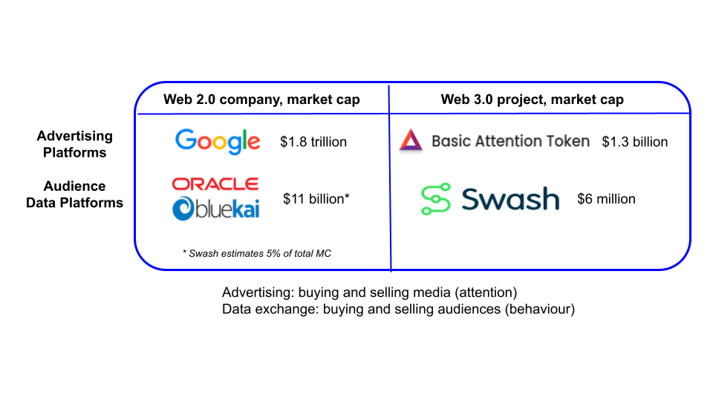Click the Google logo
coord(218,141)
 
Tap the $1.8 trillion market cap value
coord(313,142)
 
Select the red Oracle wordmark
coord(215,183)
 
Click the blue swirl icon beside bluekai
coord(183,209)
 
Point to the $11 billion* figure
coord(316,199)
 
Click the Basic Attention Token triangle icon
coord(411,140)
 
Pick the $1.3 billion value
coord(635,142)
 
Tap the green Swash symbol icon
coord(436,199)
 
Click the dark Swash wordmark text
coord(510,199)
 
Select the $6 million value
coord(606,199)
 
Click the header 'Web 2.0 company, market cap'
coord(261,100)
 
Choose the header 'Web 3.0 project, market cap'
coord(532,100)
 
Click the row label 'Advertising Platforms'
coord(74,144)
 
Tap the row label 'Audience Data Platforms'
coord(74,194)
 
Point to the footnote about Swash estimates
coord(257,253)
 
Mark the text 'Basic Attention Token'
coord(510,141)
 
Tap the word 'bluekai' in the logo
coord(227,209)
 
